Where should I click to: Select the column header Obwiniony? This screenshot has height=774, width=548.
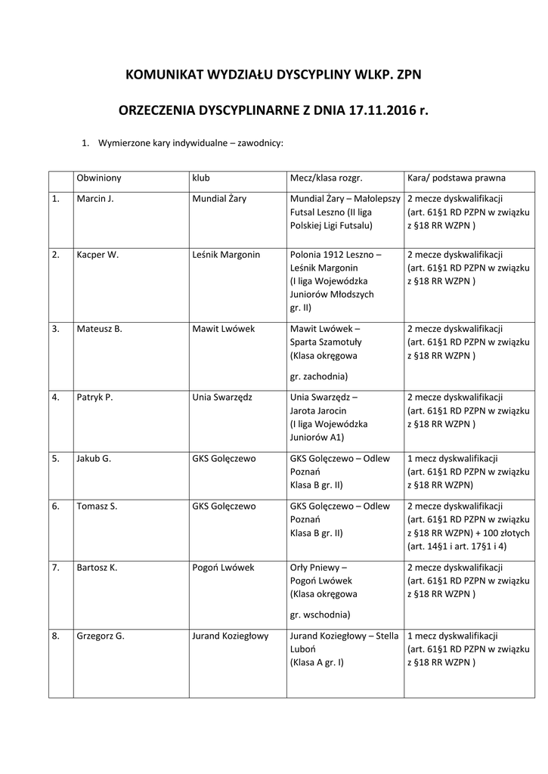tap(99, 178)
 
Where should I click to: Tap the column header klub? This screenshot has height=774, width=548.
tap(201, 178)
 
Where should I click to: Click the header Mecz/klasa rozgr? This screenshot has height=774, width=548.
tap(327, 178)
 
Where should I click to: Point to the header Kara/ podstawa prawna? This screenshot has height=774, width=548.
tap(457, 178)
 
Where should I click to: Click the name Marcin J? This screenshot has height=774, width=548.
tap(95, 199)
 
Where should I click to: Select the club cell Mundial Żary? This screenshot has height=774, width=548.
tap(220, 199)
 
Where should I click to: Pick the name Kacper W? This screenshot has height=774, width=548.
tap(98, 255)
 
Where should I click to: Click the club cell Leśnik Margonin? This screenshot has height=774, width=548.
tap(227, 255)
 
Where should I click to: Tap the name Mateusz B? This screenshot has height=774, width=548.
tap(99, 329)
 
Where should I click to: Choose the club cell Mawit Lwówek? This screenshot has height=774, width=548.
tap(224, 329)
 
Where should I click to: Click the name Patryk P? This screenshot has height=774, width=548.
tap(94, 397)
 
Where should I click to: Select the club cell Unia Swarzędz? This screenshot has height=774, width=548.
tap(222, 397)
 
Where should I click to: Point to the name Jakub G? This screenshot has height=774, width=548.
tap(94, 459)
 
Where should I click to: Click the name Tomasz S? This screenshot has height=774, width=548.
tap(97, 506)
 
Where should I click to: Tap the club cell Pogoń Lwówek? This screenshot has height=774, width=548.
tap(224, 568)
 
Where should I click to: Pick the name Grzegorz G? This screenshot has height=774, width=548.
tap(101, 636)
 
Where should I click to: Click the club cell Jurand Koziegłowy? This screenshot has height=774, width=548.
tap(231, 636)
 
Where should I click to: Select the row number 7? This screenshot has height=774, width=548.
tap(56, 568)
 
